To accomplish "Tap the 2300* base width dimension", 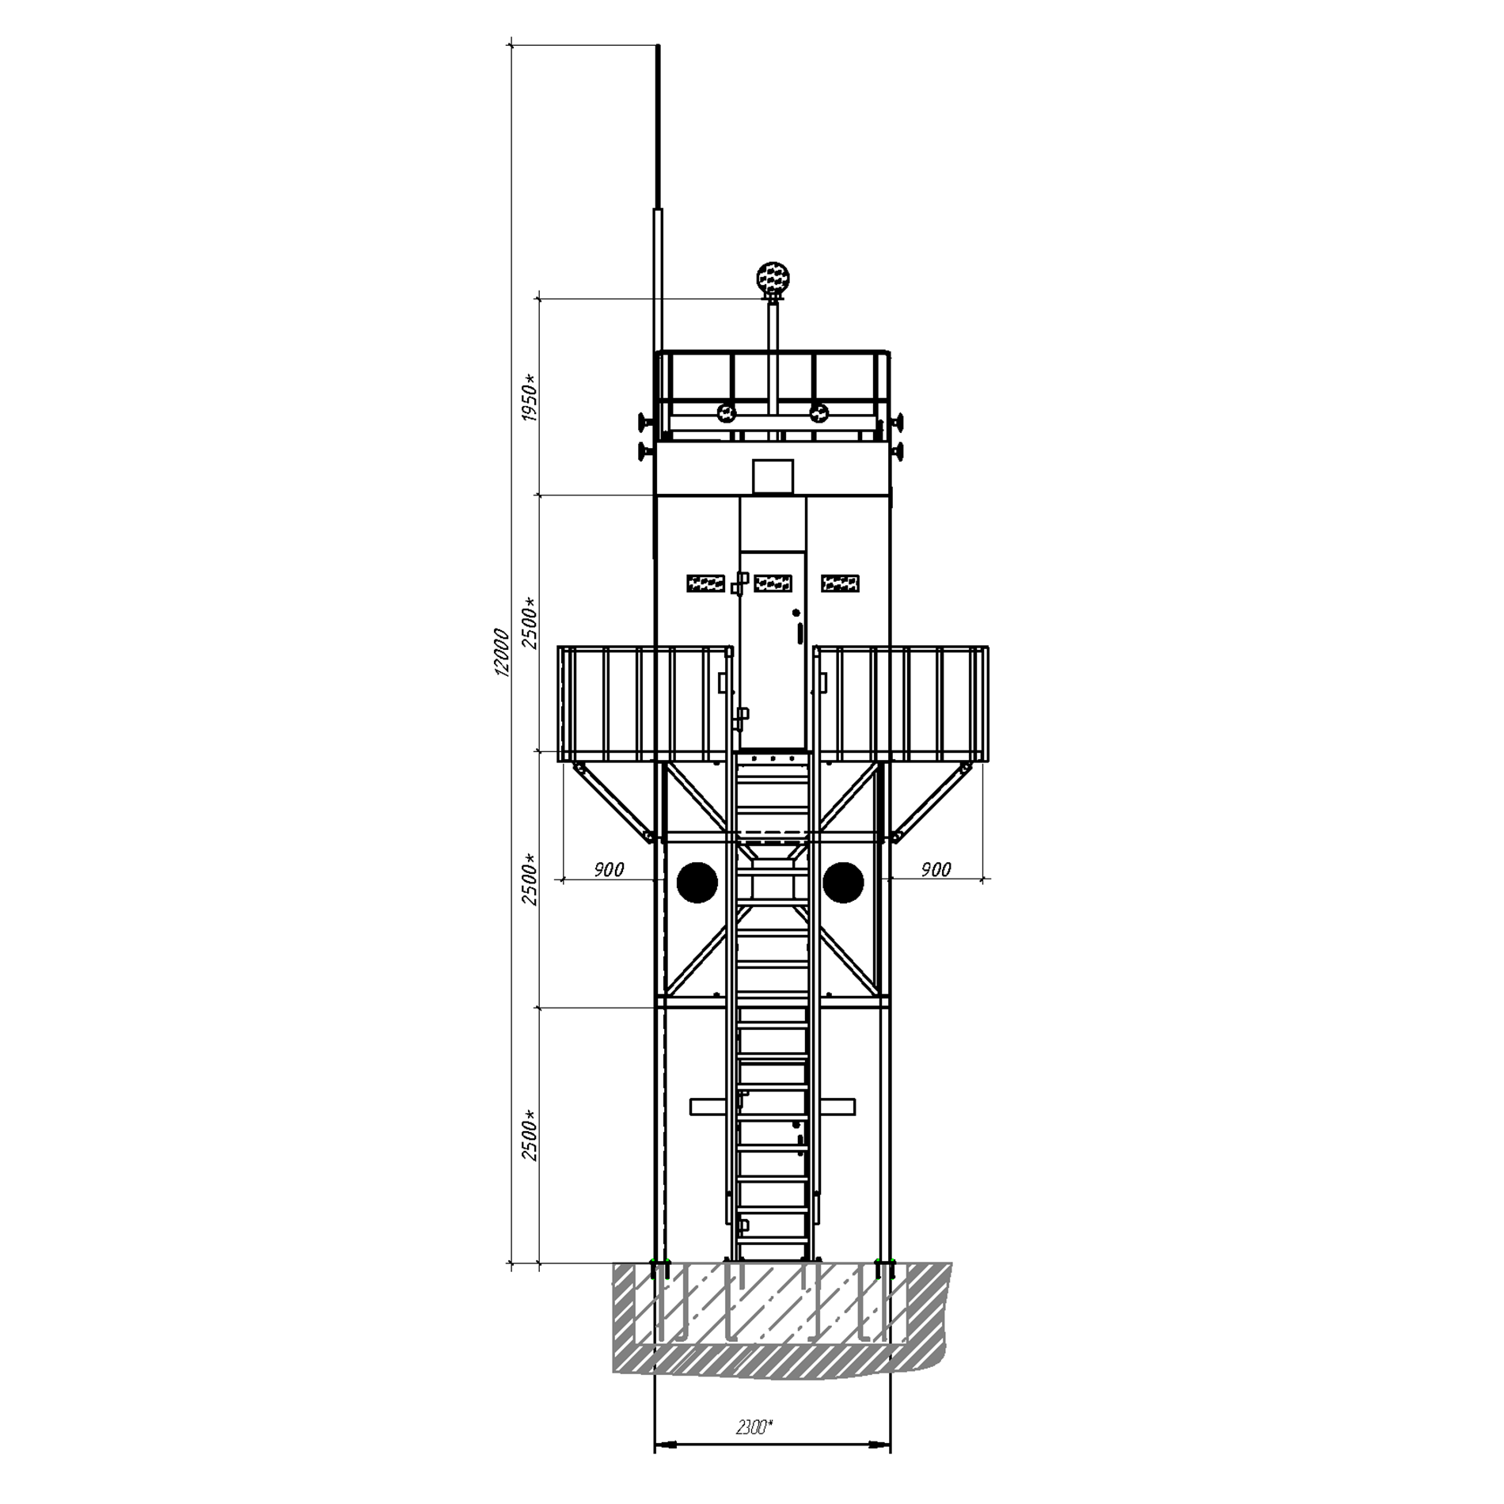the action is [754, 1427].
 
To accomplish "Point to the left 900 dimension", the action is [609, 870].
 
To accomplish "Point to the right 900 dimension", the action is [936, 870].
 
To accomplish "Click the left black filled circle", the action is [697, 882].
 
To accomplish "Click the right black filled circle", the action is [844, 882].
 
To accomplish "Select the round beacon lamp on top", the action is [773, 279].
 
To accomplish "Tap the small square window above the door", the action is [773, 476].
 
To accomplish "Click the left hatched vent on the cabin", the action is [706, 583].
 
